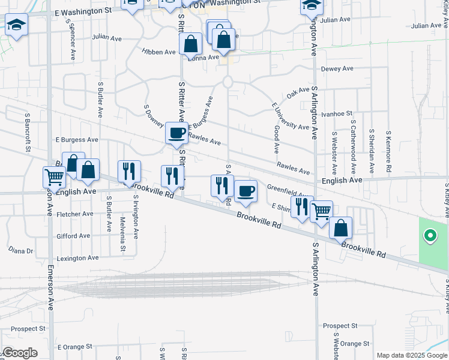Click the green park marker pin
430,236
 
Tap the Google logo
20,353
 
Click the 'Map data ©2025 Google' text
412,355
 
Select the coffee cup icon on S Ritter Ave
176,133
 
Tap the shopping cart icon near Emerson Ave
54,177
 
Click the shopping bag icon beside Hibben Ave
190,44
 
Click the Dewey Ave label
337,69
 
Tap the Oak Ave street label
298,93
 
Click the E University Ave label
291,116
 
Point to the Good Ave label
277,139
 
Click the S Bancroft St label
28,131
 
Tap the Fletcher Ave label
74,214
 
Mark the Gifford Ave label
74,236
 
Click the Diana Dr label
20,250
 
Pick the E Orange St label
75,347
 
